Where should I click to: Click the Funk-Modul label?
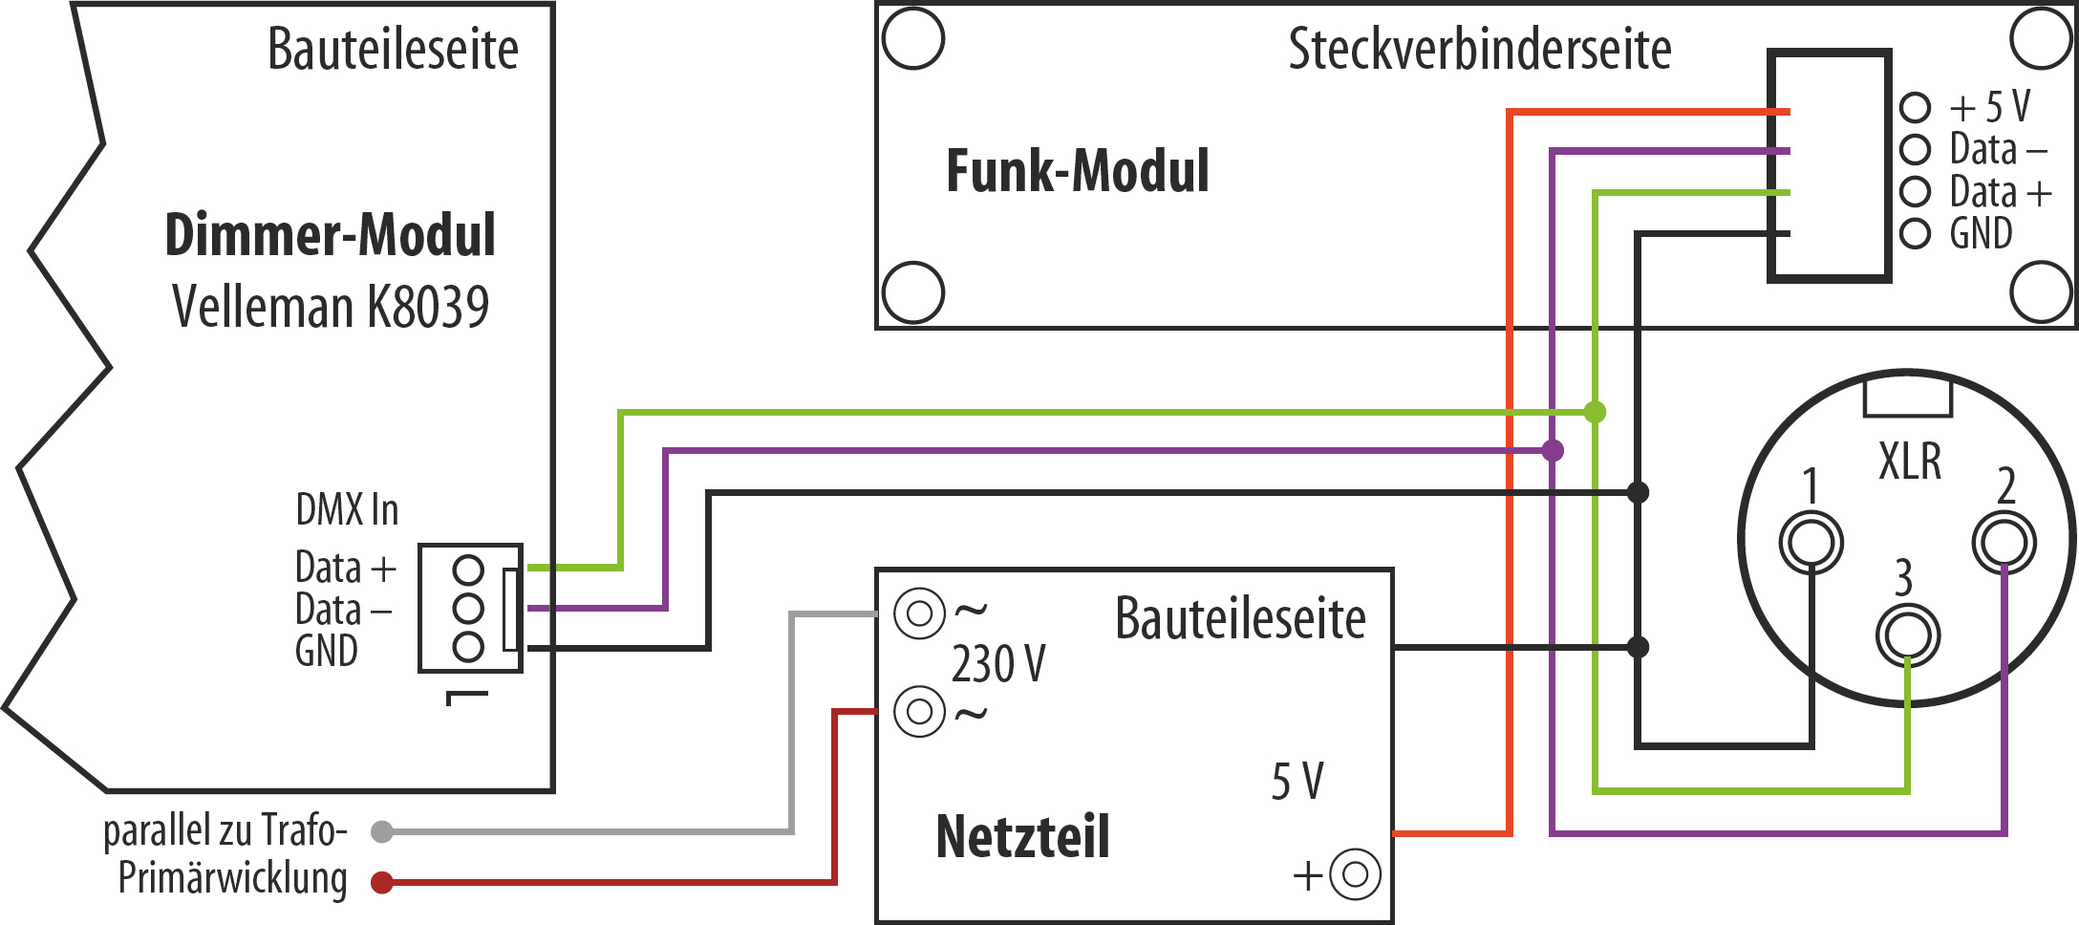click(1077, 171)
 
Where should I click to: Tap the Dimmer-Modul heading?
click(330, 235)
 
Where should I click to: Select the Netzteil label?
click(1022, 837)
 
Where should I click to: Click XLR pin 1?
click(1811, 543)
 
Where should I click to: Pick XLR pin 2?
click(2004, 543)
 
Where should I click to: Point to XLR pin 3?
click(1907, 635)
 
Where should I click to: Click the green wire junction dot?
click(1595, 412)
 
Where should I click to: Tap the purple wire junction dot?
click(1553, 450)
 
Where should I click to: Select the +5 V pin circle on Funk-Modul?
click(1915, 107)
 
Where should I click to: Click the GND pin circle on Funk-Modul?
click(1915, 233)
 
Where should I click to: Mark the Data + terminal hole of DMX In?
click(468, 570)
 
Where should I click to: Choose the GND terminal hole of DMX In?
click(468, 647)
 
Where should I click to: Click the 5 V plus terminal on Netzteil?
click(1355, 874)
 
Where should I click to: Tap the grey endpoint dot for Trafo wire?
click(382, 831)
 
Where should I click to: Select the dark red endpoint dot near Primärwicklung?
click(382, 882)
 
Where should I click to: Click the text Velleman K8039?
click(330, 307)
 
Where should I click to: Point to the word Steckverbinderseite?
click(1479, 50)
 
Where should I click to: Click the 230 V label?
click(998, 663)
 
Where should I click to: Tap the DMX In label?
click(347, 510)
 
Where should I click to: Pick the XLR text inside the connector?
click(1910, 462)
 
